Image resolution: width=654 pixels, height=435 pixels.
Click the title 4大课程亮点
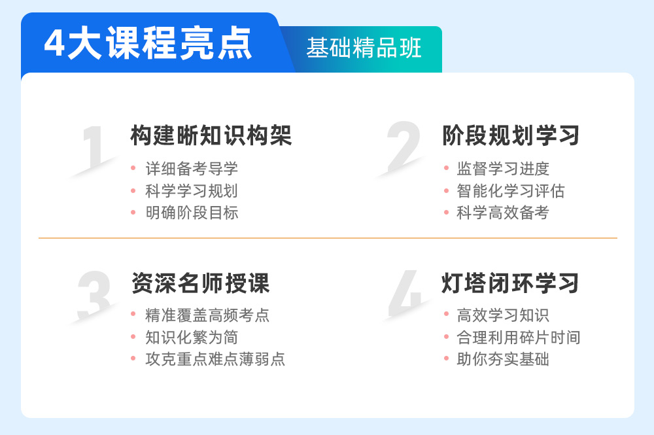coord(148,43)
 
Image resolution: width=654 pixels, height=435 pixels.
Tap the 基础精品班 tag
coord(364,48)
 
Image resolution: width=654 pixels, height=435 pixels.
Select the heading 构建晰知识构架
coord(211,135)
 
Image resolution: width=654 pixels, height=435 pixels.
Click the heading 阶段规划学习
coord(511,135)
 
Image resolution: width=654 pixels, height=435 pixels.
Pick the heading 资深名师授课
coord(201,283)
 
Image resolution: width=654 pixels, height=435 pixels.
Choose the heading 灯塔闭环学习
coord(510,283)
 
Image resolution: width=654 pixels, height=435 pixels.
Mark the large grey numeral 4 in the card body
coord(405,293)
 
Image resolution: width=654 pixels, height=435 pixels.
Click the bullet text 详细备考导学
coord(192,169)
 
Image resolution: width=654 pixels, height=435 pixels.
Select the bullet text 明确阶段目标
coord(192,213)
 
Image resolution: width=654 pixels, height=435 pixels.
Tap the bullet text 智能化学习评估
coord(511,191)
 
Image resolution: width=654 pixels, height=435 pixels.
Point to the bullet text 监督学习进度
coord(503,169)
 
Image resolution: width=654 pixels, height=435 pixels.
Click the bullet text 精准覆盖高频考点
coord(207,315)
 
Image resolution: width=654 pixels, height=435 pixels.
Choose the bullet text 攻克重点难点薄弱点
coord(215,359)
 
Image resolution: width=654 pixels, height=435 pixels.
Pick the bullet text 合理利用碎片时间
coord(519,338)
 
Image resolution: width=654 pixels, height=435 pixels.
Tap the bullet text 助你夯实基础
coord(503,359)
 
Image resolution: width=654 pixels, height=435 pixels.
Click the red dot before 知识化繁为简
coord(133,337)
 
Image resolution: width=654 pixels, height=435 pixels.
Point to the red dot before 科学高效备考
coord(446,213)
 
